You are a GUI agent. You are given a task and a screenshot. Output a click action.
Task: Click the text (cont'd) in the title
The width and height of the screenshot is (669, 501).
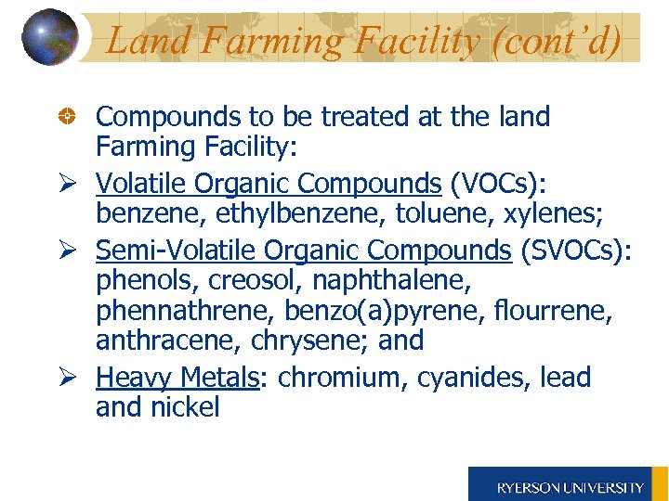[x=559, y=41]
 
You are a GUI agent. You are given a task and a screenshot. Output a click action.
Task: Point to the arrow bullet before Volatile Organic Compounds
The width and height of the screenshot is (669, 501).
[x=68, y=184]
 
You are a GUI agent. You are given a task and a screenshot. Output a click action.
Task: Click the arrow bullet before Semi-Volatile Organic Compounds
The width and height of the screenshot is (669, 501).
[x=68, y=250]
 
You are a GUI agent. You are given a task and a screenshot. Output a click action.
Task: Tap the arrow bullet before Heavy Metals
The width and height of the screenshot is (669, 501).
[x=68, y=378]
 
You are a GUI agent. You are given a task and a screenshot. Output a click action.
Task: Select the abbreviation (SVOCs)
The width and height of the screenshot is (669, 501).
[x=575, y=250]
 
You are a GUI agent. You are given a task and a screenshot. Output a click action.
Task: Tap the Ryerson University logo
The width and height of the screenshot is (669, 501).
[x=569, y=485]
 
